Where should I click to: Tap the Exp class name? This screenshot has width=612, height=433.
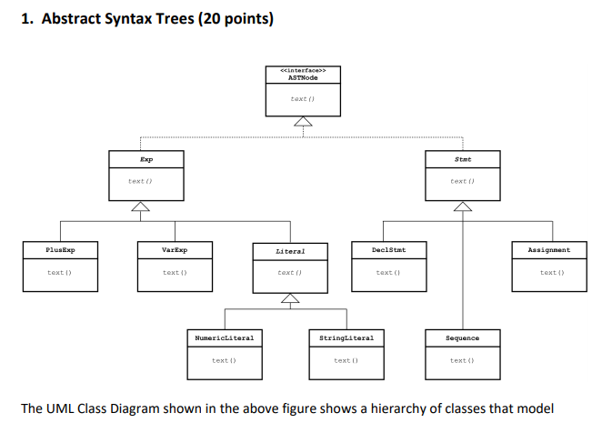(146, 158)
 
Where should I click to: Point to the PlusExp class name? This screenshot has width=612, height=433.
(61, 248)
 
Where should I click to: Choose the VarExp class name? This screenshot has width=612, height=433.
(174, 248)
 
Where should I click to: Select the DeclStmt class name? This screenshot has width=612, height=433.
(388, 248)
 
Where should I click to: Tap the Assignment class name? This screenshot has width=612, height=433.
(549, 248)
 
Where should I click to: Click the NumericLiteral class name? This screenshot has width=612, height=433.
(224, 337)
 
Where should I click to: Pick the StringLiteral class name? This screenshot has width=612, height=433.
(346, 337)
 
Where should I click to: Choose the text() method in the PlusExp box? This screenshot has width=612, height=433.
(61, 272)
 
